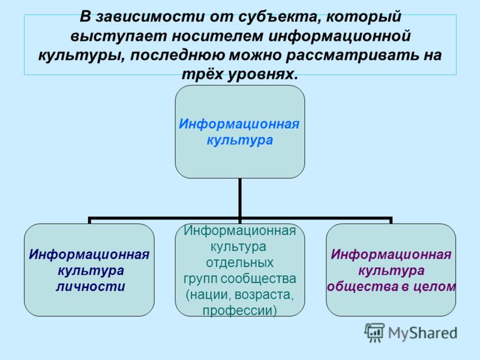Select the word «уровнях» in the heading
point(263,74)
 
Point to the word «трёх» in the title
point(203,74)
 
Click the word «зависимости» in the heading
point(149,17)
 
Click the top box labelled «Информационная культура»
point(239,132)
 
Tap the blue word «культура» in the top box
point(239,140)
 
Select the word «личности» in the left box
point(91,287)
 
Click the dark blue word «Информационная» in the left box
point(89,254)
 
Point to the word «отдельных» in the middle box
point(239,263)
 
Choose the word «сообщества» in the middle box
point(259,278)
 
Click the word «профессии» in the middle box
point(239,311)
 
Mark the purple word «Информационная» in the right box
point(391,254)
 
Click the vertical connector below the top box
point(239,198)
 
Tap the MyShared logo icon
point(374,333)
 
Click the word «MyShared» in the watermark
point(423,333)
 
